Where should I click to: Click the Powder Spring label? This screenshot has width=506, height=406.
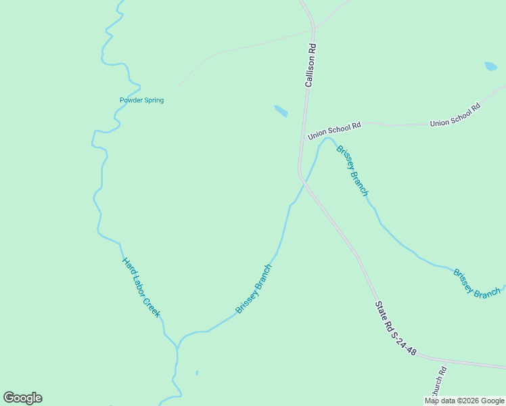(141, 100)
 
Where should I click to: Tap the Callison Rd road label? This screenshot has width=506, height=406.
(310, 66)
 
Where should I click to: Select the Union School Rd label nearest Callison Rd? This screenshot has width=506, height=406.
(335, 131)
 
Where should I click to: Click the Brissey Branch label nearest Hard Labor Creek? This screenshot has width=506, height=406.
(254, 288)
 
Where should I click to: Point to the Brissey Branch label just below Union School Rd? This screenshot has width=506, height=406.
(352, 171)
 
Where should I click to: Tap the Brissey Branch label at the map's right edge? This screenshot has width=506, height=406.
(477, 284)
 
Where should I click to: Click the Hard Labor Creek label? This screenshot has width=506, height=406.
(141, 287)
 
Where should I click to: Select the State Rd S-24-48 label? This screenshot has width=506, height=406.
(396, 328)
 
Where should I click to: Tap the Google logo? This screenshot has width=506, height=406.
(22, 398)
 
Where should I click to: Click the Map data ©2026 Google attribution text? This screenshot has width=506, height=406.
(464, 401)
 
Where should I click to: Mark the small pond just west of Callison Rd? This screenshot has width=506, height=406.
(280, 110)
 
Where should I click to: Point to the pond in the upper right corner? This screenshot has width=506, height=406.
(490, 66)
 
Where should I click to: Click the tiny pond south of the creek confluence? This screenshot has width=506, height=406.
(197, 372)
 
